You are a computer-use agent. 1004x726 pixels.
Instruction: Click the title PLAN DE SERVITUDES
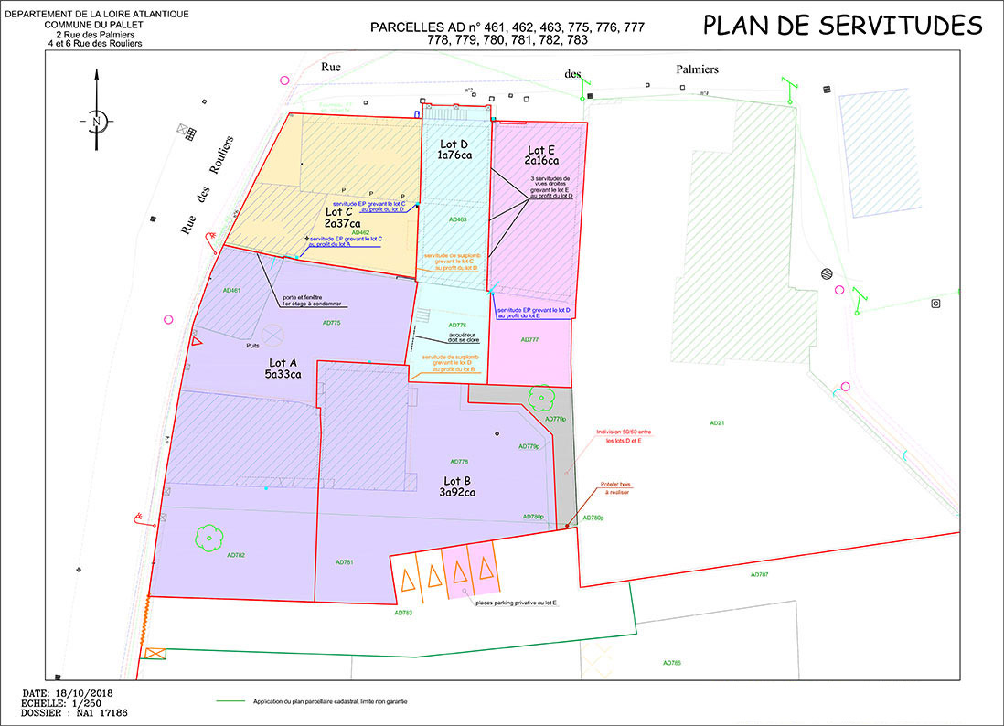842,25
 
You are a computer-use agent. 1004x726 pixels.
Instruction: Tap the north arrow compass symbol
97,120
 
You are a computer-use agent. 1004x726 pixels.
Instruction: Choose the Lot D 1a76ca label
454,150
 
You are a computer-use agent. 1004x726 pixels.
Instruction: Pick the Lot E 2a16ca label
540,155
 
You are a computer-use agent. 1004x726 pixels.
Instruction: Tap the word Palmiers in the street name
697,69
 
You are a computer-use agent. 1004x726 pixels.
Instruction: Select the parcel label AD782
208,555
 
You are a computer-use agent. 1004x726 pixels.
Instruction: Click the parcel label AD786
672,662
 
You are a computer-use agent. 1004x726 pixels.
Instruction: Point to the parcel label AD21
717,423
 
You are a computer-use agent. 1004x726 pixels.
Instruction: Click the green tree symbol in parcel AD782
208,537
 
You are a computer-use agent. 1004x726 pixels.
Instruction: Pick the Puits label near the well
254,347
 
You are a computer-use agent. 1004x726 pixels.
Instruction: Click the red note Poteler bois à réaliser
616,488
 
